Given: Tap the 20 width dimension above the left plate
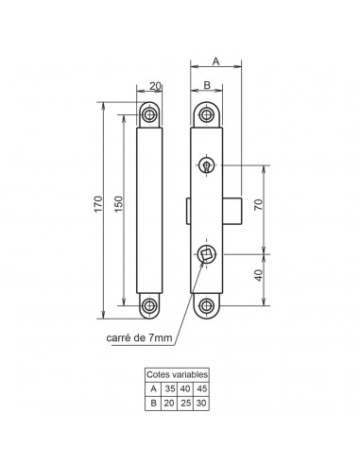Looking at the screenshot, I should pos(153,87).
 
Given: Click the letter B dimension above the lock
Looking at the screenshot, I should pos(206,86).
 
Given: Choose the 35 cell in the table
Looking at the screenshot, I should pos(169,388).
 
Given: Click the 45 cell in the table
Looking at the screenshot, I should pos(201,388).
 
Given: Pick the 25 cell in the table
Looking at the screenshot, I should pos(185,402).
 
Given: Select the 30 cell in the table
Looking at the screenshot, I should pos(201,402).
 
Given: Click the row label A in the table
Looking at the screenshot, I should pos(153,388).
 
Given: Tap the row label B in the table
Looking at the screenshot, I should pos(153,402).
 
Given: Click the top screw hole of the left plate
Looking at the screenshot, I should pos(150,114).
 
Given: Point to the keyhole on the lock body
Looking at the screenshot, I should pos(206,166).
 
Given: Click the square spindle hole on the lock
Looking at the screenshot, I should pos(206,253).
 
